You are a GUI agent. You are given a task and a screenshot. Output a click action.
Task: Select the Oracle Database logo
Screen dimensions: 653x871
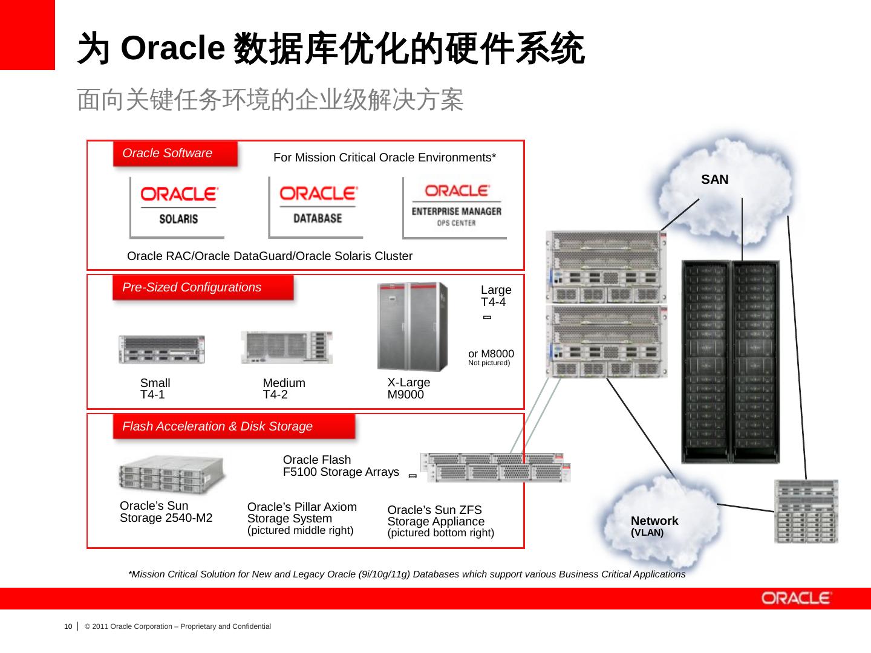click(317, 206)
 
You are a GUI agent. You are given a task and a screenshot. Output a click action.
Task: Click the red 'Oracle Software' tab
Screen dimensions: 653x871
click(175, 154)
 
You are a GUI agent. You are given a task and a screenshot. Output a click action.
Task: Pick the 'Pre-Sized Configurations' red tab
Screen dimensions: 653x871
click(203, 288)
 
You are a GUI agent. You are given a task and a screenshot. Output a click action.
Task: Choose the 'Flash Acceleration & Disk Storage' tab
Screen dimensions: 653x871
click(233, 427)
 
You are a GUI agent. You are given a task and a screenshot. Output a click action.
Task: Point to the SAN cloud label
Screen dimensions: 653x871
click(714, 180)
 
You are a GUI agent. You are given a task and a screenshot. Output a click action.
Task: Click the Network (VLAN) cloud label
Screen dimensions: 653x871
click(654, 525)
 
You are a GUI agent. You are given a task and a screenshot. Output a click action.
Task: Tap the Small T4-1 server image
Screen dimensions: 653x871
click(161, 349)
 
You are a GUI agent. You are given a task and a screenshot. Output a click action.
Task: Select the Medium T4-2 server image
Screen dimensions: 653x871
click(287, 347)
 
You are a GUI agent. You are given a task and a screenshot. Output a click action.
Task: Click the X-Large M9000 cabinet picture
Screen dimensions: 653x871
click(413, 326)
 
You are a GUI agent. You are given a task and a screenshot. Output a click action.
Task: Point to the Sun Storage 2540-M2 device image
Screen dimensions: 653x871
click(171, 475)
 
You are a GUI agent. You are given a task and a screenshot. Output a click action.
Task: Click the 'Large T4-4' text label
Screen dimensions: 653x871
click(495, 296)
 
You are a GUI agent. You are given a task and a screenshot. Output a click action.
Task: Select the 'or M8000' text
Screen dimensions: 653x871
click(491, 354)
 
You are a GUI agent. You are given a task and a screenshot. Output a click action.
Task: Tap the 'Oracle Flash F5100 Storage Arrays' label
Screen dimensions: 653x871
click(341, 466)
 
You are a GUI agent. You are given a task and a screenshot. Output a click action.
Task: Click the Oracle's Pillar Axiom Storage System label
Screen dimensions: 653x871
click(302, 518)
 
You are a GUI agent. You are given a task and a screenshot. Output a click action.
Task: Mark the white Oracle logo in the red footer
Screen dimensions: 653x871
click(797, 599)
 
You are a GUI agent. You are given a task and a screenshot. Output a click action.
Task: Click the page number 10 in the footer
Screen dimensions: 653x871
click(68, 626)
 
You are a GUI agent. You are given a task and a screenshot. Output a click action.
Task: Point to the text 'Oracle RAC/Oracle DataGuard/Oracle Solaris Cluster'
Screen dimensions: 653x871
click(269, 256)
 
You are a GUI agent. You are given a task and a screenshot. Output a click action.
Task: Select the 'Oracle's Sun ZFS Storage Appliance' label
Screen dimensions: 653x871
click(440, 521)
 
